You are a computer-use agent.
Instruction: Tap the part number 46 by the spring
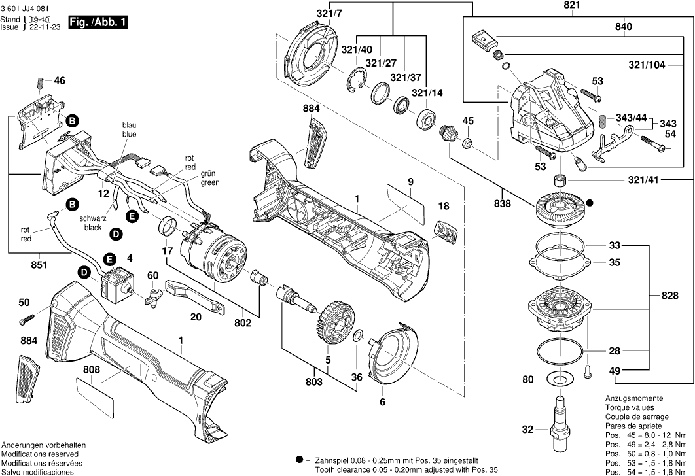coord(60,82)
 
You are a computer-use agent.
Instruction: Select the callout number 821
coord(554,6)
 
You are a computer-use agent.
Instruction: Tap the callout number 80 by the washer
coord(527,379)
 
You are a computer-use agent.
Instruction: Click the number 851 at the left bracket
coord(40,265)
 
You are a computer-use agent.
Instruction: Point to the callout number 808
coord(92,369)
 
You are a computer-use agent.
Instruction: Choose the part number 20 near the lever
coord(195,316)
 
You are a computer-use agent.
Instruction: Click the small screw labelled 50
coord(24,320)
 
